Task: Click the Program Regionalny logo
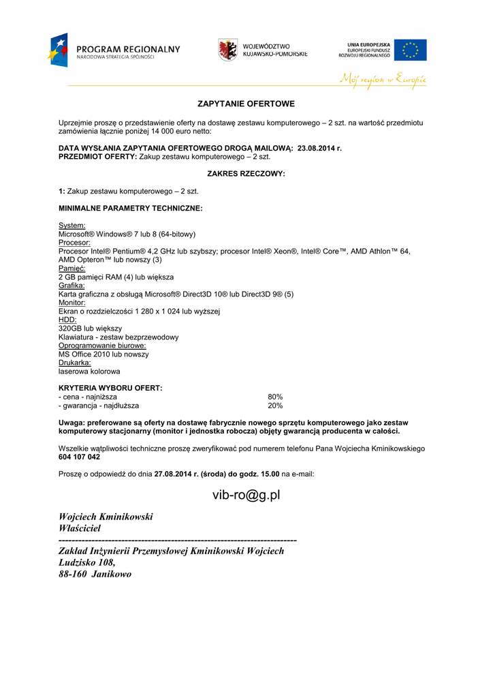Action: (112, 50)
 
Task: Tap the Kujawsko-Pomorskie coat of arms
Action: (227, 50)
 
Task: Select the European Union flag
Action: (410, 50)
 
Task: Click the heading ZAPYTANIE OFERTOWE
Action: (246, 104)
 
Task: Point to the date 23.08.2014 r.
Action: (319, 148)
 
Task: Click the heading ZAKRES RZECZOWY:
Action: (246, 174)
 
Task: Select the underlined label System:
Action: (72, 226)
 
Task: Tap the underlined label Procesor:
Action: (75, 243)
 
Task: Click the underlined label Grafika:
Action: (71, 286)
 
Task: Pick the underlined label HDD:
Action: (67, 320)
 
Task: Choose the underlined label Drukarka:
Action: (75, 363)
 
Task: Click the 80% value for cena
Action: (275, 397)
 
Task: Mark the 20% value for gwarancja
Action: (275, 406)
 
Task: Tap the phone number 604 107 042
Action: (79, 457)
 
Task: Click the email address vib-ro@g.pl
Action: (246, 496)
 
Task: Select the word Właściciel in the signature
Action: (80, 528)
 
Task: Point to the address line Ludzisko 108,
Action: (87, 562)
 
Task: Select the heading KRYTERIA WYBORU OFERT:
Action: (110, 388)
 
